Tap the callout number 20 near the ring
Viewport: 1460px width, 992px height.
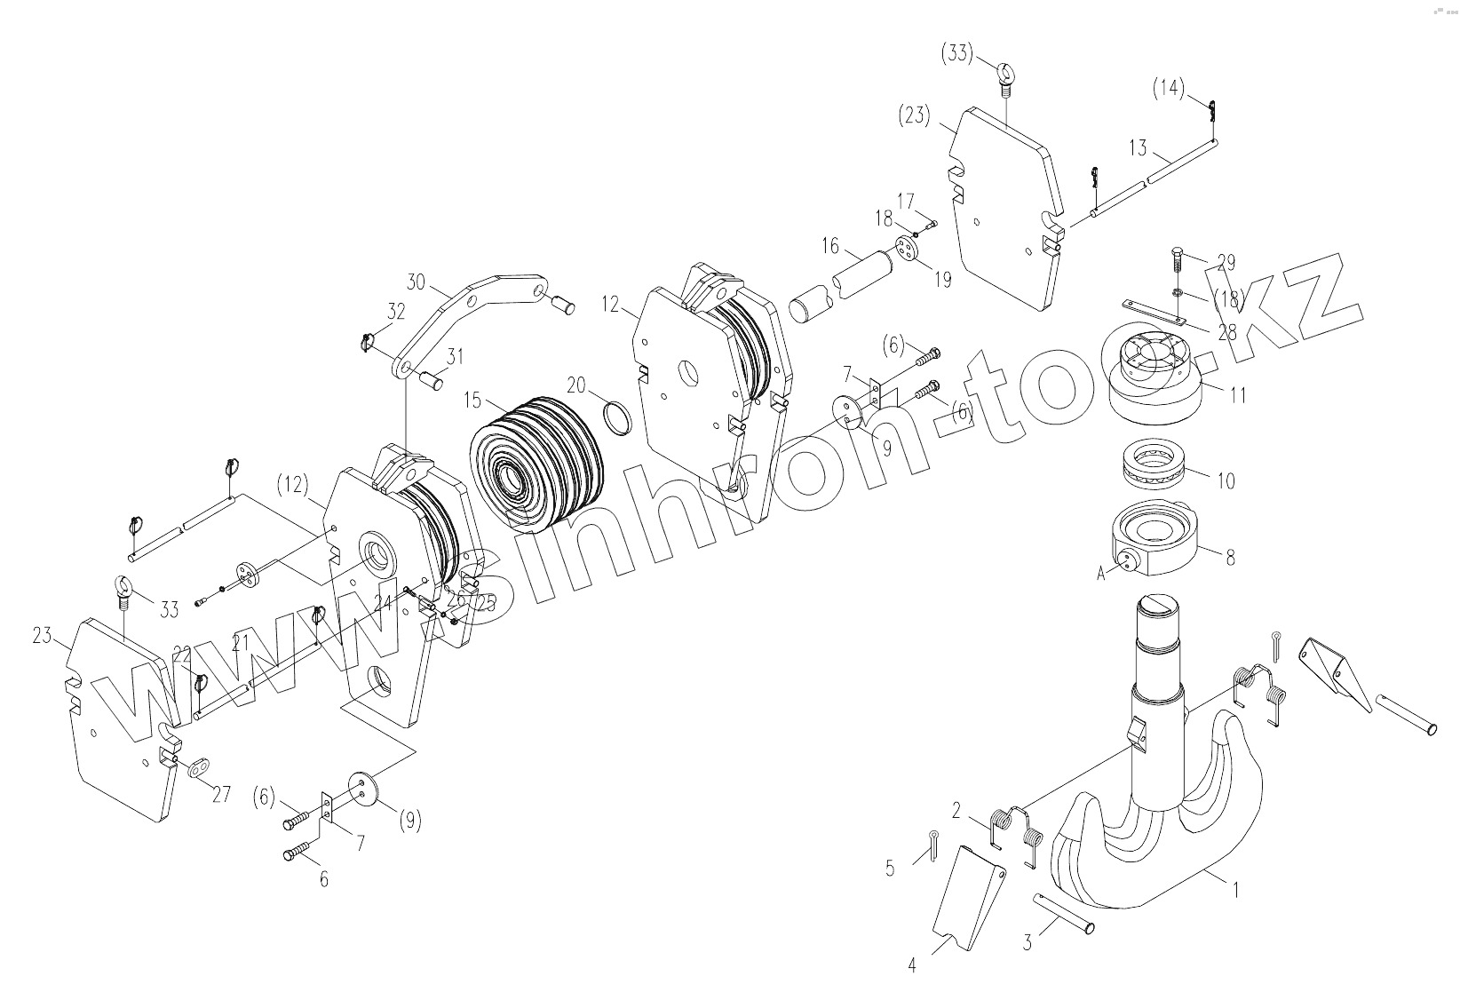[x=576, y=385]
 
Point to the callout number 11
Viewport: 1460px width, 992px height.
[x=1238, y=395]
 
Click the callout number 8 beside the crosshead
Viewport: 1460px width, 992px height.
[x=1230, y=558]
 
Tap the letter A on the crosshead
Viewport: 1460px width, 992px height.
[x=1101, y=574]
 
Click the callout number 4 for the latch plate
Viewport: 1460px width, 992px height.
[x=911, y=965]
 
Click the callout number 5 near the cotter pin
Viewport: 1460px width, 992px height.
[x=891, y=869]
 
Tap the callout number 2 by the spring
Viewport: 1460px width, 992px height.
[x=956, y=810]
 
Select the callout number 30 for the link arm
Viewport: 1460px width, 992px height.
[x=417, y=282]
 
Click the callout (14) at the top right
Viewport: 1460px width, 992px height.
[x=1169, y=88]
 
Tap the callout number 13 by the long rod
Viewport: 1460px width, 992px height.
[x=1139, y=148]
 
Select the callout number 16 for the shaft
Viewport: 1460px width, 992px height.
[x=829, y=245]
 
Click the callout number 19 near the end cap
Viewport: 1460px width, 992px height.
[x=942, y=280]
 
